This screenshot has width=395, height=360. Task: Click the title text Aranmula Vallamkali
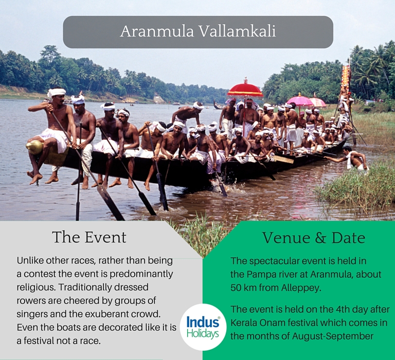point(197,31)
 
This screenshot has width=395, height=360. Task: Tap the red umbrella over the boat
point(245,90)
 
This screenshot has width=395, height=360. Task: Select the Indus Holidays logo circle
point(203,327)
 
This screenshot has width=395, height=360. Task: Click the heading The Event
point(89,237)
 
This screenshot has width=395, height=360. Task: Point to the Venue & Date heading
point(314,238)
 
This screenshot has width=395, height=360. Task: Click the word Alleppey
point(301,287)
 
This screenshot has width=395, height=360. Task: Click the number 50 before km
point(236,287)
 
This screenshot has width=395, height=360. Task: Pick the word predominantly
point(141,274)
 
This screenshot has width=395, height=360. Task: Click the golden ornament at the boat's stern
point(34,147)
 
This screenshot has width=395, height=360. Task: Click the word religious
point(35,287)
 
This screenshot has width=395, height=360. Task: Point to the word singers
point(32,314)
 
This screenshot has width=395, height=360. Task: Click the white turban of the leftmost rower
point(57,92)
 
